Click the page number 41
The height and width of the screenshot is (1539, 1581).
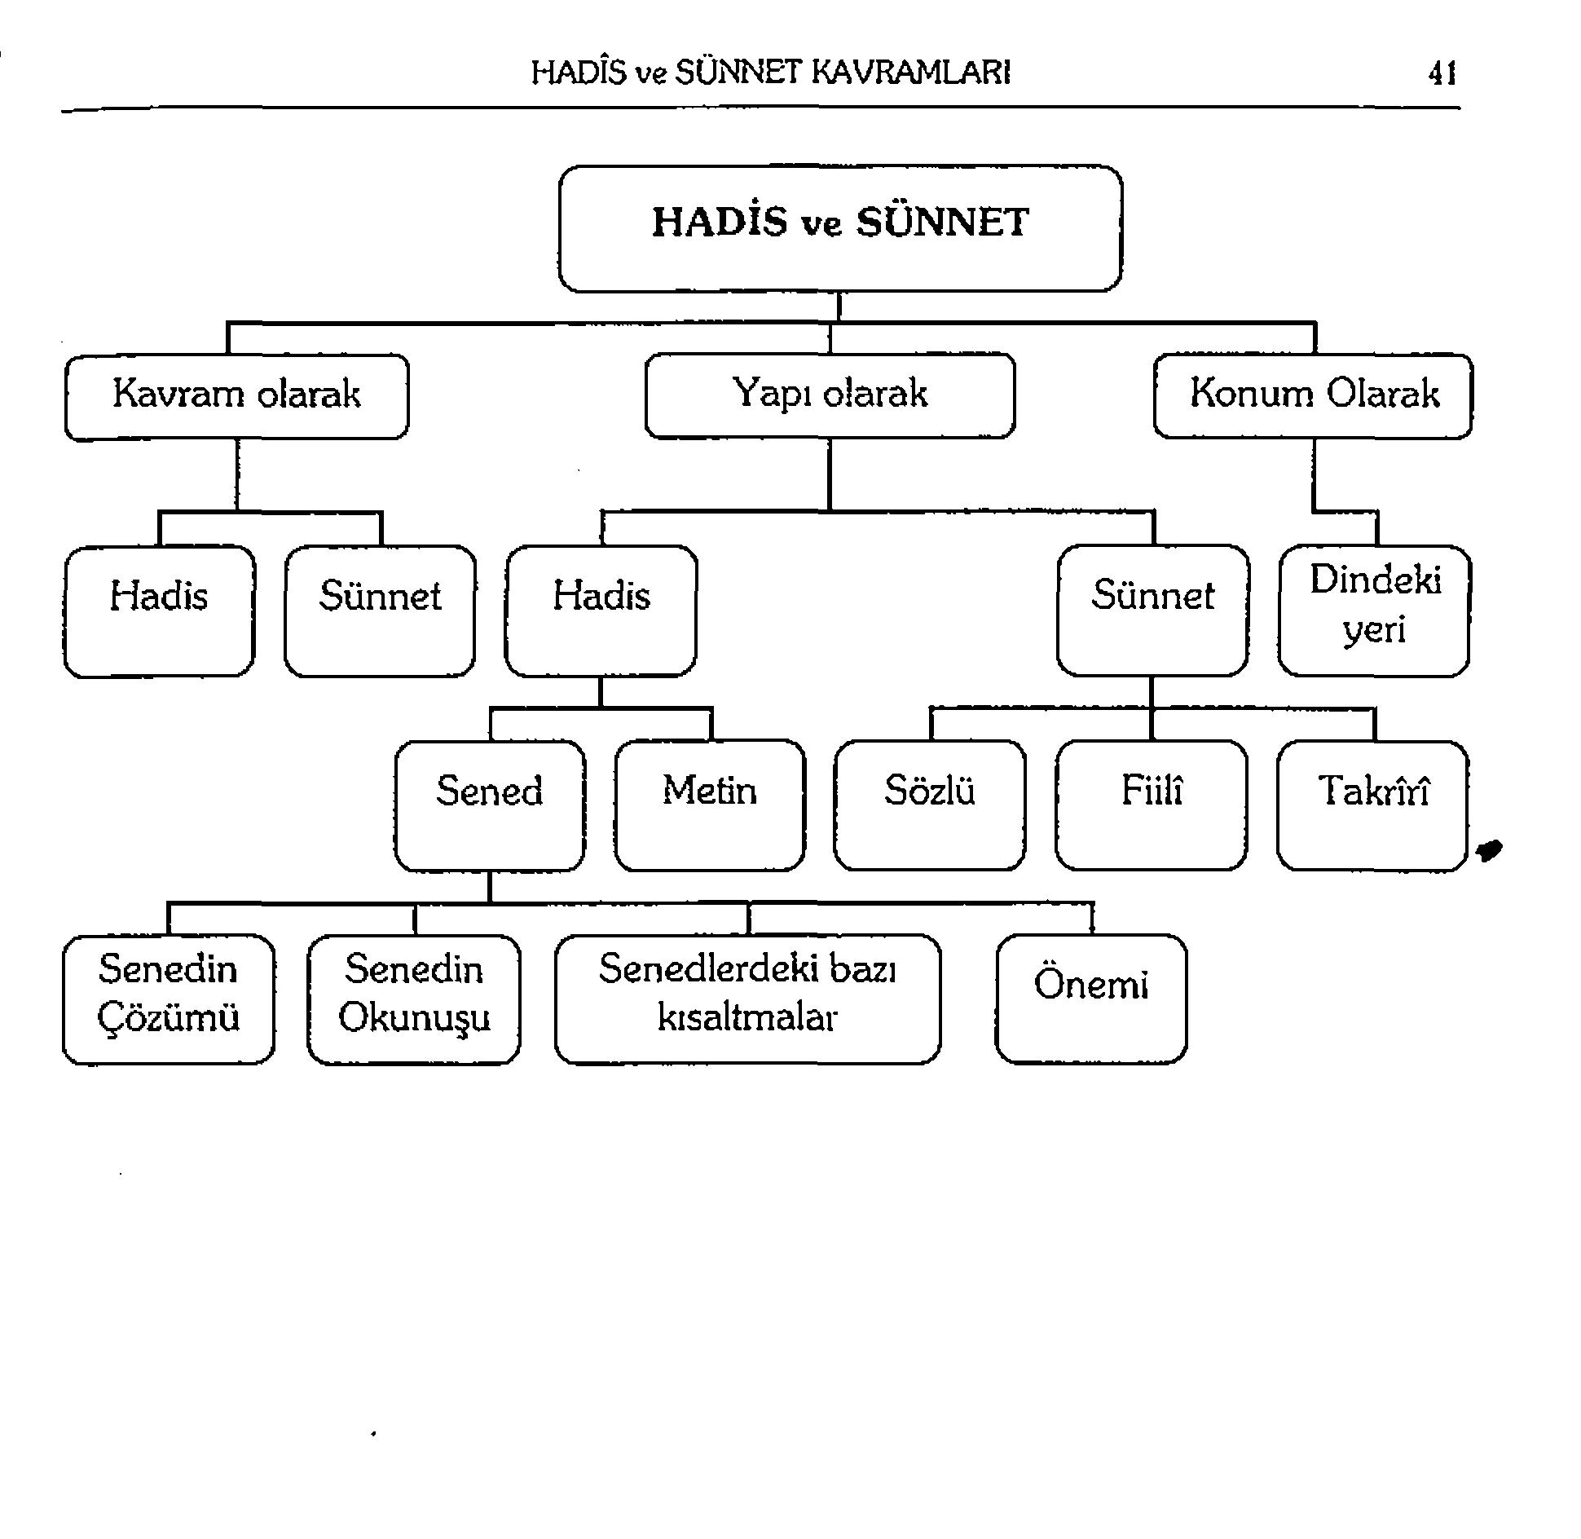pyautogui.click(x=1442, y=74)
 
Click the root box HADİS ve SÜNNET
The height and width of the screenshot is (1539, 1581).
pyautogui.click(x=840, y=228)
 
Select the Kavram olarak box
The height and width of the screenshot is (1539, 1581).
pyautogui.click(x=236, y=396)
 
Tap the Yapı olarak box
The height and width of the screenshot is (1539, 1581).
pyautogui.click(x=830, y=395)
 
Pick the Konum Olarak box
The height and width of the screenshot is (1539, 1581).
pyautogui.click(x=1313, y=396)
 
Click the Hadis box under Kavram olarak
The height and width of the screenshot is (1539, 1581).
pyautogui.click(x=159, y=611)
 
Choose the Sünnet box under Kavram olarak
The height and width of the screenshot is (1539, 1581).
pyautogui.click(x=380, y=611)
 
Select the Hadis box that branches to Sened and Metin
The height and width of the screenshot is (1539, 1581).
pyautogui.click(x=601, y=611)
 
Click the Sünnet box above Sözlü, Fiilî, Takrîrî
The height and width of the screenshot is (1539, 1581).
pyautogui.click(x=1152, y=611)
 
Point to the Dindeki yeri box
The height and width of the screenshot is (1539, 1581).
pyautogui.click(x=1374, y=611)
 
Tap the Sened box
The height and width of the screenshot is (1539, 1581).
pyautogui.click(x=489, y=805)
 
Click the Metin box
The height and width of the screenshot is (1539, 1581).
pyautogui.click(x=710, y=805)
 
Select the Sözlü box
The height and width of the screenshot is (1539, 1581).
pyautogui.click(x=930, y=805)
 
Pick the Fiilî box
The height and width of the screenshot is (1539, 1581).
pyautogui.click(x=1151, y=805)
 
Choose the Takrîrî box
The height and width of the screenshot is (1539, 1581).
pyautogui.click(x=1372, y=805)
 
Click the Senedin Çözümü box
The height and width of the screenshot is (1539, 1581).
pyautogui.click(x=169, y=999)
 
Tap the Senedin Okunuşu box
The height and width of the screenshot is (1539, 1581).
pyautogui.click(x=414, y=999)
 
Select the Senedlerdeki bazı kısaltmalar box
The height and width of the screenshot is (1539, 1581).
pyautogui.click(x=747, y=999)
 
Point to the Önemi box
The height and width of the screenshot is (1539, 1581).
pyautogui.click(x=1090, y=999)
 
